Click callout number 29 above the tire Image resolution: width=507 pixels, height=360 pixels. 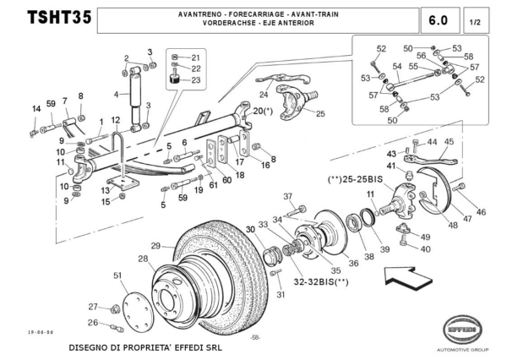[155, 246]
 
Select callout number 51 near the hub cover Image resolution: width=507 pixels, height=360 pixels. [117, 275]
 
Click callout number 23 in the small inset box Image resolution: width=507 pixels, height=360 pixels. [196, 80]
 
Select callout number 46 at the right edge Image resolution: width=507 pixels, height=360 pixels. [481, 211]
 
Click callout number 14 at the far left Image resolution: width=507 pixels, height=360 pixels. [36, 108]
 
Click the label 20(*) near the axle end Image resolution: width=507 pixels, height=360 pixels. [263, 111]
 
